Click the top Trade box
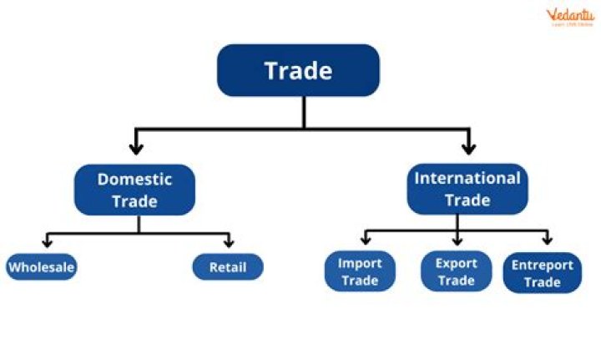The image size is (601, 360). pos(298,70)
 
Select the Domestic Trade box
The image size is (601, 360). pos(134,190)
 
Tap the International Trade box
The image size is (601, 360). pos(467,189)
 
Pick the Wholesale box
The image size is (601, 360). pos(41,267)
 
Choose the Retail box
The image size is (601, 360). pos(228,267)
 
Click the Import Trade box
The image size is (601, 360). pos(360,271)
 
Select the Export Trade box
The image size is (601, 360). pos(456,271)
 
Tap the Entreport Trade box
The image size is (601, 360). pos(542,273)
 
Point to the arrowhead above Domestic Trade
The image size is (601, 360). pos(136,149)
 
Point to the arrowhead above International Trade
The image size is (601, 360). pos(468,149)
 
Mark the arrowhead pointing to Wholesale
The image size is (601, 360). pos(48,242)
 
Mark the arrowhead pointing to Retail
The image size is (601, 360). pos(228,242)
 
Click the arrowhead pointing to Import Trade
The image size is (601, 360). pos(364,240)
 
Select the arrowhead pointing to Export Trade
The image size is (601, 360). pos(457,240)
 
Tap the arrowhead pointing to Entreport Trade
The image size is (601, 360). pos(547,240)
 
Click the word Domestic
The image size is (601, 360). pos(134,179)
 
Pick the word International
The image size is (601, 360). pos(467,178)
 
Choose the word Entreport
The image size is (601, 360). pos(542,265)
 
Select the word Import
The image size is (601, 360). pos(360,263)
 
